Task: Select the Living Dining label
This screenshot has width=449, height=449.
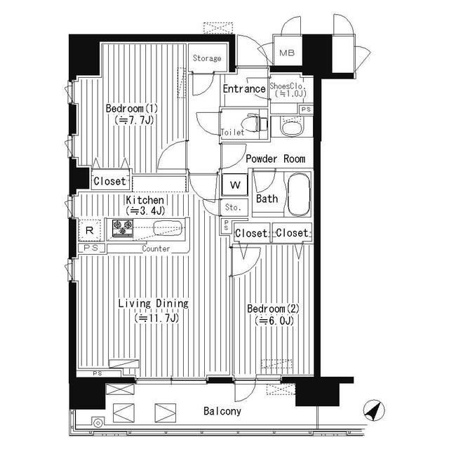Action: [153, 304]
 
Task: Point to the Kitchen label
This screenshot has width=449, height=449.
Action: [145, 200]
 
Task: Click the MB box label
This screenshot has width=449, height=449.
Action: [287, 53]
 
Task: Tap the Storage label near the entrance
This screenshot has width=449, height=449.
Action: [207, 58]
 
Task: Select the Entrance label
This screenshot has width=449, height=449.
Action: [243, 89]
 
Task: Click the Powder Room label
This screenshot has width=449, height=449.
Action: [274, 159]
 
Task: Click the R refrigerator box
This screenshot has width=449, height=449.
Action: [90, 230]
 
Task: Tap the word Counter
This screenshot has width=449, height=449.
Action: [156, 249]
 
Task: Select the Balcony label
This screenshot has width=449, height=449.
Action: [222, 412]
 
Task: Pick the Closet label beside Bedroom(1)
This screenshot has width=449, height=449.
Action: [109, 182]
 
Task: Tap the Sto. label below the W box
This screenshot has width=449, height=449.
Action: [232, 208]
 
